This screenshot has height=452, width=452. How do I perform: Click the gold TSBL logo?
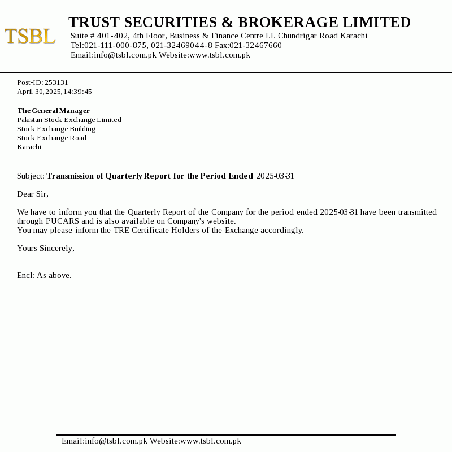point(30,36)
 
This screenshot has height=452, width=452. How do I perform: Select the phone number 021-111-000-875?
point(116,45)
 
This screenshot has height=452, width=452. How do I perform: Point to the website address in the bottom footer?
point(210,441)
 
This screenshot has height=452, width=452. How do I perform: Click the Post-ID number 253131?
point(56,82)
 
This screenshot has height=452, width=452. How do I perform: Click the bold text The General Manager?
point(53,111)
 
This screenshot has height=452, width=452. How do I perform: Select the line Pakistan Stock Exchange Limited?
point(69,120)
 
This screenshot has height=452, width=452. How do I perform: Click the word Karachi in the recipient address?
point(29,147)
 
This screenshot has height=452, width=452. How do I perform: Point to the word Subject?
point(30,176)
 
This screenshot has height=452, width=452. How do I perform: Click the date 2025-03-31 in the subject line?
point(275,176)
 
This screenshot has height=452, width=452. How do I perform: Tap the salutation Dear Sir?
point(32,194)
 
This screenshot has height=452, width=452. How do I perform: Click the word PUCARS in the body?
point(62,221)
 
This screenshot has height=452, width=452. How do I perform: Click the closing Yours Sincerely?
point(45,248)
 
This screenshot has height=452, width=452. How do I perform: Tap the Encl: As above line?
point(44,275)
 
